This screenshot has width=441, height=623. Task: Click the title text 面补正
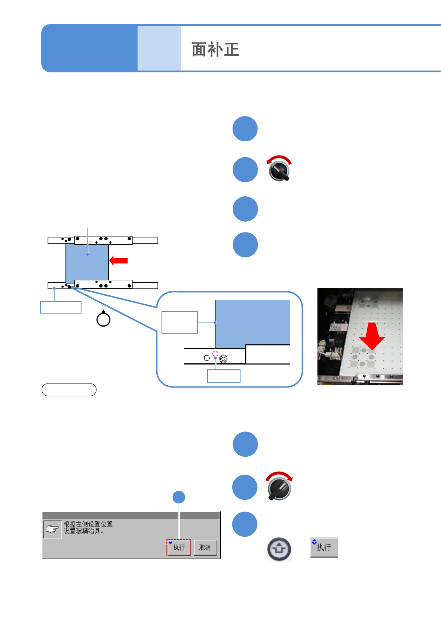(x=215, y=49)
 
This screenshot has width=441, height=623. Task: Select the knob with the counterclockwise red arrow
(x=279, y=170)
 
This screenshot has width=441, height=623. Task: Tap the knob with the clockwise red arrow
(x=279, y=487)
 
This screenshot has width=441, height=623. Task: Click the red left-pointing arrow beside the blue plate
(x=119, y=261)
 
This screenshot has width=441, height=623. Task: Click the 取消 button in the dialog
(x=205, y=547)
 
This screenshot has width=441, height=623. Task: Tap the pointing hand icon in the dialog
(x=52, y=530)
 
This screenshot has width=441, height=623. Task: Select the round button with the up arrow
(x=279, y=549)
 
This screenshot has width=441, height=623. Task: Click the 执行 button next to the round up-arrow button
(x=324, y=547)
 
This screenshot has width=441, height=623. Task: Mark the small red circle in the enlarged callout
(x=215, y=353)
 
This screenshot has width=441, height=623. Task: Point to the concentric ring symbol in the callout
(x=223, y=359)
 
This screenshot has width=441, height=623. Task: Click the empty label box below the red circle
(x=224, y=376)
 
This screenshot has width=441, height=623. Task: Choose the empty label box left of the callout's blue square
(x=180, y=322)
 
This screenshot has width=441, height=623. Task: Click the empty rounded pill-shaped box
(x=69, y=390)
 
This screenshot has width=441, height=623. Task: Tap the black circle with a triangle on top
(x=103, y=319)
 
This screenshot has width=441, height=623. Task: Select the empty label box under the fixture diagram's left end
(x=61, y=308)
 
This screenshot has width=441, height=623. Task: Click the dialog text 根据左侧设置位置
(x=88, y=524)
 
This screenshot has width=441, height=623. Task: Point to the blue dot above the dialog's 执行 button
(x=179, y=497)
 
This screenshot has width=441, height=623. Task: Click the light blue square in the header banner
(x=159, y=48)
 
